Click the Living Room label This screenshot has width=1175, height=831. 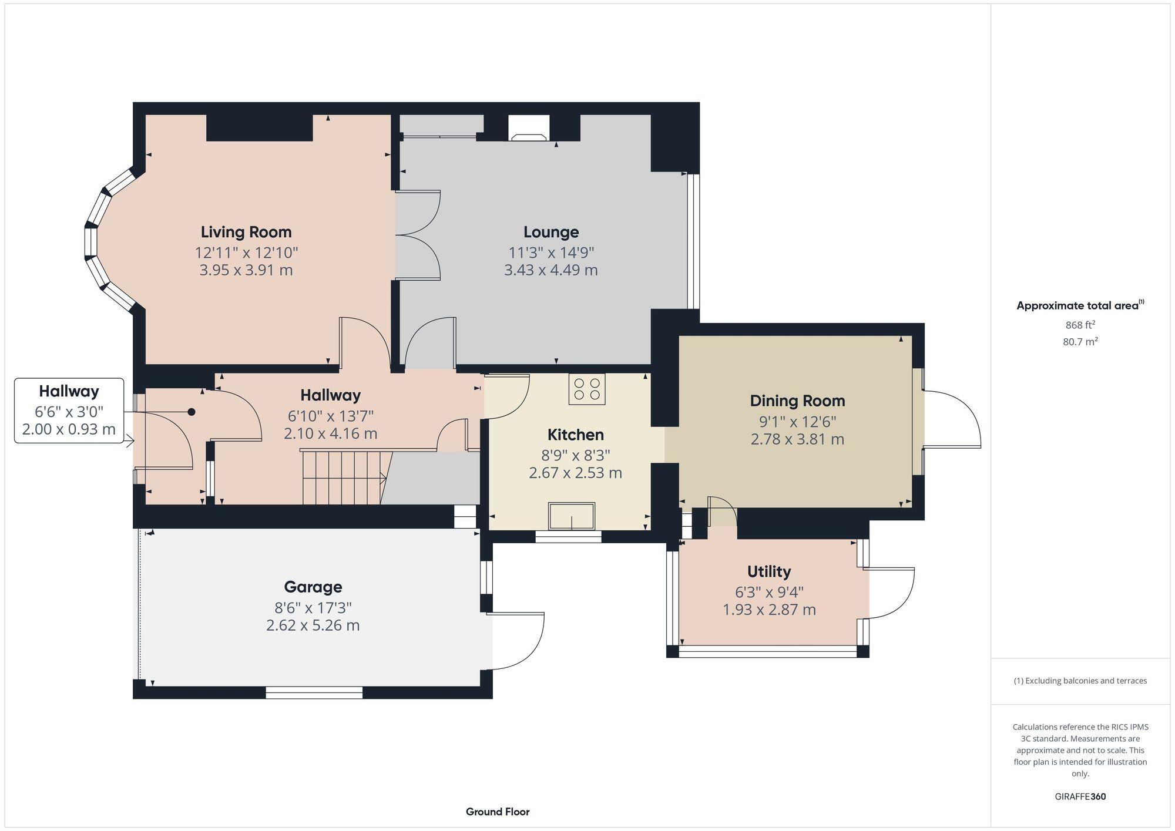246,232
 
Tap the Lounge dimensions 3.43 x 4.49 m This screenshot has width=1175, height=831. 550,270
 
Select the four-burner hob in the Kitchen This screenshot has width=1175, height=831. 586,389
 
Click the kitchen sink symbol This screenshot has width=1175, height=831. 571,516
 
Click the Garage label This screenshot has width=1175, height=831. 313,587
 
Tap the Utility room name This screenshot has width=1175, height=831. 768,571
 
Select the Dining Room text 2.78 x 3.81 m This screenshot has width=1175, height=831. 797,439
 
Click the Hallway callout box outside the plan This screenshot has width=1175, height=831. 69,410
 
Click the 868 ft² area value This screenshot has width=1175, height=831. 1080,325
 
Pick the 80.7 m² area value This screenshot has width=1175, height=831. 1080,342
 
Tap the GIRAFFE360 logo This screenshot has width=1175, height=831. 1080,797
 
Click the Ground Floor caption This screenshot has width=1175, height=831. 498,812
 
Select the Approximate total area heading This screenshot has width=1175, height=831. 1080,305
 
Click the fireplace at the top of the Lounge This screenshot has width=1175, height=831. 529,129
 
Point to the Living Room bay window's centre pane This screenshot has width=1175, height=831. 92,241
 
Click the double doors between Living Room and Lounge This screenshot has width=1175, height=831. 418,235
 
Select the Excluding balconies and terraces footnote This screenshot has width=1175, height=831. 1080,681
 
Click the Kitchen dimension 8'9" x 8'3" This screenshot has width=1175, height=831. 575,455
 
